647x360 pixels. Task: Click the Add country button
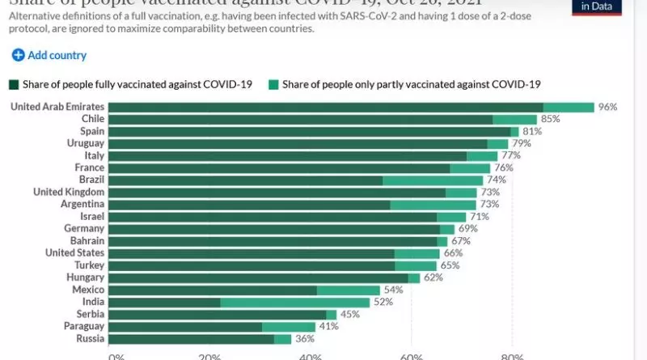pos(49,56)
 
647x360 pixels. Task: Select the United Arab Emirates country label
pos(57,107)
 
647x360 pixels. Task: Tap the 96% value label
pos(607,107)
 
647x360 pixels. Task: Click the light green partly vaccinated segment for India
pos(294,302)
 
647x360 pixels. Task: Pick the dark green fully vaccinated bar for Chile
pos(300,119)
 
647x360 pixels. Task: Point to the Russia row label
pos(89,339)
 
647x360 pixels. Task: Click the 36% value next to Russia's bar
pos(303,339)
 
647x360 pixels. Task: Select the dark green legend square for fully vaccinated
pos(13,84)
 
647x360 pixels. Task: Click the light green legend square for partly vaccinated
pos(274,84)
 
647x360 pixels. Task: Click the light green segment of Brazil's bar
pos(433,180)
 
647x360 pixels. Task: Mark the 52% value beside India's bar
pos(382,302)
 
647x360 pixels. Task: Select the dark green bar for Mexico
pos(213,290)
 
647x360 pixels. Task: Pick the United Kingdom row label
pos(69,193)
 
